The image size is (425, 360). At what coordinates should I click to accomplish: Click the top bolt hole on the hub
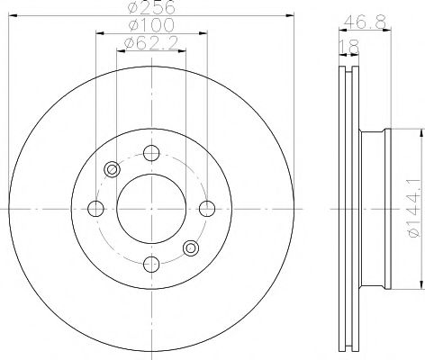(x=151, y=152)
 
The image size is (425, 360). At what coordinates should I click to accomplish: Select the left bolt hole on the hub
(x=95, y=209)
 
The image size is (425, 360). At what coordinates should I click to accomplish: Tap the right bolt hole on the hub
(x=208, y=209)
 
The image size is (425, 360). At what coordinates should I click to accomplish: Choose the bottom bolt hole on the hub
(x=151, y=265)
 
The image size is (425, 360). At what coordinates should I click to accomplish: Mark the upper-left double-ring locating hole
(x=113, y=169)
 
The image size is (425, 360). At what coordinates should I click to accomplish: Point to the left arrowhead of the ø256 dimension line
(x=10, y=16)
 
